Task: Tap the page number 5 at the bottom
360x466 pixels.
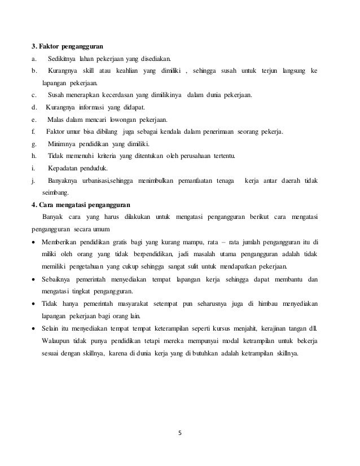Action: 180,433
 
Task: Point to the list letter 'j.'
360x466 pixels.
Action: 34,181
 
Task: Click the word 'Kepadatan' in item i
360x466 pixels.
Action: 63,168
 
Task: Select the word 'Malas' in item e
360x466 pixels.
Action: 56,120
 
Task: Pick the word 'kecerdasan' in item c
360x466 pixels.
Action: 109,95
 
